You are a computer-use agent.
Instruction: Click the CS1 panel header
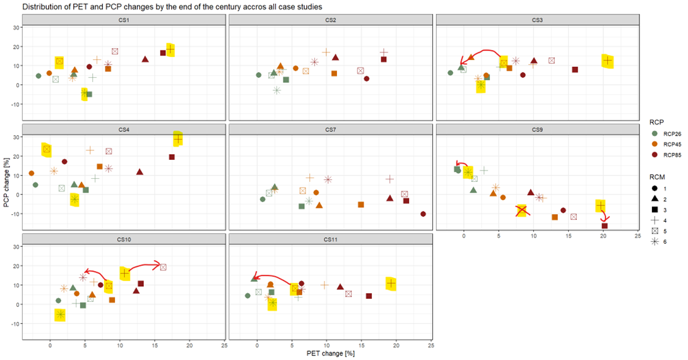tap(124, 20)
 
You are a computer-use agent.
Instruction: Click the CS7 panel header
tap(330, 129)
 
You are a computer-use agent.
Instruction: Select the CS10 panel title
tap(124, 239)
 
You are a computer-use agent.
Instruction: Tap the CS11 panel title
tap(330, 239)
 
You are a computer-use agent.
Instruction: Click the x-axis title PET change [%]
tap(330, 352)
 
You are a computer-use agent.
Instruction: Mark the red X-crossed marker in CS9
tap(521, 211)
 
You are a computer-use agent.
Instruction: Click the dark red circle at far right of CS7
tap(423, 214)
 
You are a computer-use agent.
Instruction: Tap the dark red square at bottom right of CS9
tap(605, 226)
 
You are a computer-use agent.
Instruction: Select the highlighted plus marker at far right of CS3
tap(607, 61)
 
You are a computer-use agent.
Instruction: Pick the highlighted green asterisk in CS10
tap(60, 314)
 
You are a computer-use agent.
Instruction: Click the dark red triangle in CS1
tap(145, 59)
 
